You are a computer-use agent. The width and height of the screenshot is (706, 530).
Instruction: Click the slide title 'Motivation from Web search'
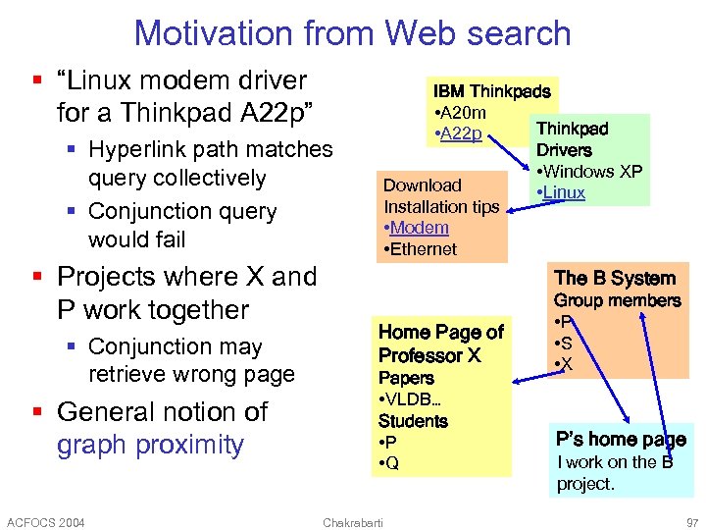tap(352, 32)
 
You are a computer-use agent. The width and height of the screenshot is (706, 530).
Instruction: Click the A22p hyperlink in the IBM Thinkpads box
tap(460, 133)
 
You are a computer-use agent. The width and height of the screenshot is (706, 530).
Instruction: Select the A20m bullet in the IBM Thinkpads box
tap(459, 112)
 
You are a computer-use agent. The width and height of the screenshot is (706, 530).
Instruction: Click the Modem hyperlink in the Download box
tap(418, 228)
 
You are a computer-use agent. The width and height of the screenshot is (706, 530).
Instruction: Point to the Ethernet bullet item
tap(422, 249)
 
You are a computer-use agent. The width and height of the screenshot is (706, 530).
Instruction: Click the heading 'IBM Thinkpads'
tap(491, 90)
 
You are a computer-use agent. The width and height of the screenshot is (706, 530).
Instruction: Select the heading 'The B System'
tap(615, 278)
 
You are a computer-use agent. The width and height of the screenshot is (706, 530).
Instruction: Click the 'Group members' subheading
tap(617, 300)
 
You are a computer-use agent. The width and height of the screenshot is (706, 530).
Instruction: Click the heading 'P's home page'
tap(620, 440)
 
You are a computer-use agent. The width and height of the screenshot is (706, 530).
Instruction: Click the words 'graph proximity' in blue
tap(150, 445)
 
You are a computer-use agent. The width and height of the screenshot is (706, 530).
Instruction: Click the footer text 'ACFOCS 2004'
tap(45, 521)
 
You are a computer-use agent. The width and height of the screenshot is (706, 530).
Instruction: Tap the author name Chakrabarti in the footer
tap(353, 521)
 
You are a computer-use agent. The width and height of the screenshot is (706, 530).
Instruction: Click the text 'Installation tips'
tap(440, 207)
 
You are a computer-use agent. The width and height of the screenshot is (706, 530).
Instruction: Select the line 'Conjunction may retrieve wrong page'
tap(190, 360)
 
